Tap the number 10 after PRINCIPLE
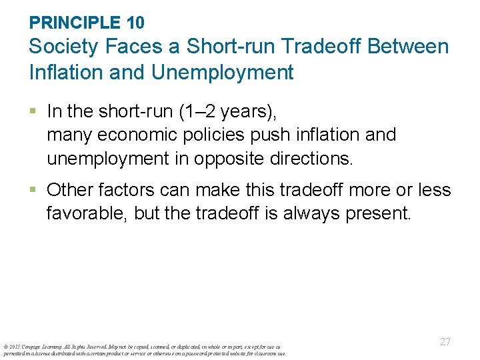point(134,23)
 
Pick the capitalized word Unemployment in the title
point(222,72)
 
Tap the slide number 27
point(445,342)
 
